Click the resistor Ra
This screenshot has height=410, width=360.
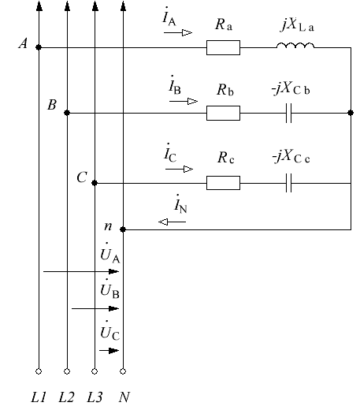pyautogui.click(x=223, y=47)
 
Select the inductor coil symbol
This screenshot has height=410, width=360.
pyautogui.click(x=295, y=46)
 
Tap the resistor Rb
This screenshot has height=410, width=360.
pyautogui.click(x=223, y=113)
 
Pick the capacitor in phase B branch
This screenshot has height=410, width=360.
pyautogui.click(x=288, y=113)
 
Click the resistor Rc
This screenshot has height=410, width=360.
pyautogui.click(x=223, y=183)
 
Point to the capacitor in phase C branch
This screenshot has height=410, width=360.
pyautogui.click(x=288, y=183)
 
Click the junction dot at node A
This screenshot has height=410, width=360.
pyautogui.click(x=39, y=47)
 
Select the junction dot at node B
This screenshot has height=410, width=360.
pyautogui.click(x=67, y=113)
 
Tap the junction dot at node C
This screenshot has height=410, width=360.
pyautogui.click(x=95, y=183)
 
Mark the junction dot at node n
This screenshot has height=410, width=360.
pyautogui.click(x=123, y=229)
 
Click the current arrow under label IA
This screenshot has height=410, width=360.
pyautogui.click(x=178, y=33)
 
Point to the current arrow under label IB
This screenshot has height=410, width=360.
pyautogui.click(x=184, y=101)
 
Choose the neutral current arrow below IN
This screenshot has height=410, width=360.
pyautogui.click(x=172, y=222)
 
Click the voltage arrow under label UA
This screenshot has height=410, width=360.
pyautogui.click(x=81, y=271)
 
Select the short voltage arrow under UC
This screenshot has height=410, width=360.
pyautogui.click(x=109, y=351)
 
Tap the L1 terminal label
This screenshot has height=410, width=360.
pyautogui.click(x=39, y=397)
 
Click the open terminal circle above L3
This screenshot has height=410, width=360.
pyautogui.click(x=95, y=371)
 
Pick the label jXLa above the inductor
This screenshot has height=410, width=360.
pyautogui.click(x=298, y=25)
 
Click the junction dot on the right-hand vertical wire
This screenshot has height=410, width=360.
pyautogui.click(x=351, y=113)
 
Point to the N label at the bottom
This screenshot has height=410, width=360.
pyautogui.click(x=124, y=397)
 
